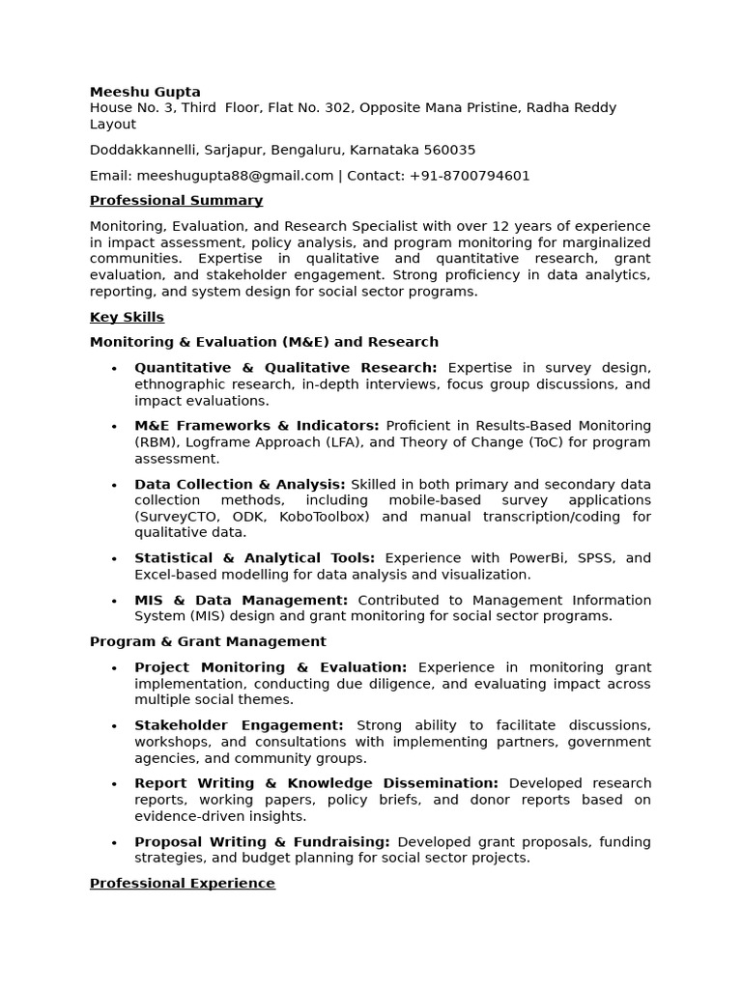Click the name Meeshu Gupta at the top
pyautogui.click(x=145, y=92)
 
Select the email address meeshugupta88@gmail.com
pyautogui.click(x=235, y=176)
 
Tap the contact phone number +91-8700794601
pyautogui.click(x=470, y=176)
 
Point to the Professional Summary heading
pyautogui.click(x=176, y=201)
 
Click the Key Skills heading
pyautogui.click(x=127, y=318)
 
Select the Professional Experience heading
pyautogui.click(x=182, y=884)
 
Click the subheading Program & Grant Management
pyautogui.click(x=208, y=641)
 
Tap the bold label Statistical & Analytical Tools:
pyautogui.click(x=254, y=558)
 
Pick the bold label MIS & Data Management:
pyautogui.click(x=241, y=600)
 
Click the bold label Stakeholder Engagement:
pyautogui.click(x=239, y=725)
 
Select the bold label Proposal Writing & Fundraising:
pyautogui.click(x=262, y=842)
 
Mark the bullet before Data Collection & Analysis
pyautogui.click(x=114, y=485)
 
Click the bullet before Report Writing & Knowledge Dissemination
pyautogui.click(x=114, y=784)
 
